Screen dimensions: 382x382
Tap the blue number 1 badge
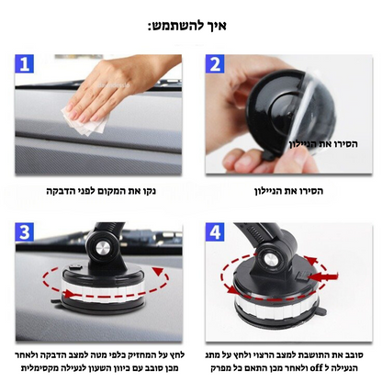27,65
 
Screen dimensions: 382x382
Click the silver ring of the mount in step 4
275,303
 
